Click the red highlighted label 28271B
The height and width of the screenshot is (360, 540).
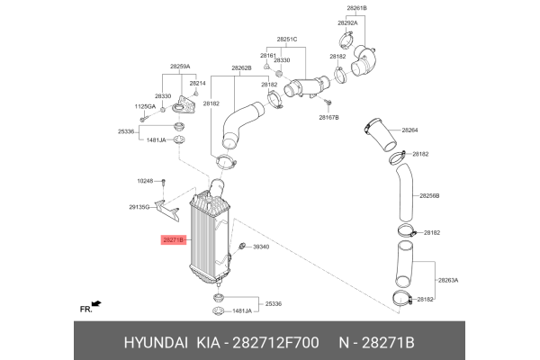pyautogui.click(x=174, y=240)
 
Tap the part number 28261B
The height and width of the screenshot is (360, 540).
pyautogui.click(x=357, y=8)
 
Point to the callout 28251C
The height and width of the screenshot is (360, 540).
pyautogui.click(x=287, y=40)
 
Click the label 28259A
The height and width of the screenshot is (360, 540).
pyautogui.click(x=180, y=67)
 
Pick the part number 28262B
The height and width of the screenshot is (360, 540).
pyautogui.click(x=240, y=67)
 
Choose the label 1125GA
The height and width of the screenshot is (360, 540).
pyautogui.click(x=145, y=107)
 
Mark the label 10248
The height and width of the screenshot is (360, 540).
pyautogui.click(x=147, y=181)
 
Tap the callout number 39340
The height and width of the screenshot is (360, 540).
pyautogui.click(x=262, y=246)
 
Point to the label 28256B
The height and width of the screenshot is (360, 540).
pyautogui.click(x=429, y=195)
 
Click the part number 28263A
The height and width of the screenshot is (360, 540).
pyautogui.click(x=448, y=280)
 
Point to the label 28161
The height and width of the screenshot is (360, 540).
pyautogui.click(x=268, y=55)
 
